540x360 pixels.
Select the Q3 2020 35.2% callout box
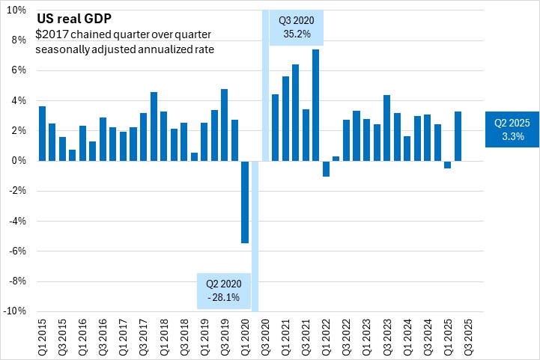click(296, 28)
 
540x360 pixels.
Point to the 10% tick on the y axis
click(16, 10)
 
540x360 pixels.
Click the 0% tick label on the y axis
click(19, 161)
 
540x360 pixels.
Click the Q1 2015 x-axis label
click(41, 334)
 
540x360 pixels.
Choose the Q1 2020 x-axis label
click(245, 334)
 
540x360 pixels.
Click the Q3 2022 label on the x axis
click(347, 334)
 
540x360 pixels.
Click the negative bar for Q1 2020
click(245, 201)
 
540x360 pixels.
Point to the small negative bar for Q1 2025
click(448, 165)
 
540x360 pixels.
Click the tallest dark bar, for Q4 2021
click(316, 105)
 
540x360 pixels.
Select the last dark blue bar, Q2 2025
click(458, 136)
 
